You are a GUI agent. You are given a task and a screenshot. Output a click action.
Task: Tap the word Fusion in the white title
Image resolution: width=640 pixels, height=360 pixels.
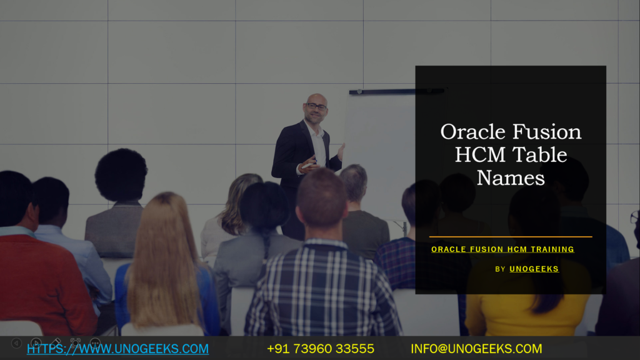[547, 132]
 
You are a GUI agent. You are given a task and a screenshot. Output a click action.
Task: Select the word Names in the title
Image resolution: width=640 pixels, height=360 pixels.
[511, 178]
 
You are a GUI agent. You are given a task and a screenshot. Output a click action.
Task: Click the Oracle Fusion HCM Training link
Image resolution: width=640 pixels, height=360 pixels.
[502, 249]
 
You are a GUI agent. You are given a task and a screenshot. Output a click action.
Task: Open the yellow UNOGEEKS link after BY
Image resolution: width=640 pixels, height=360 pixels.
[534, 269]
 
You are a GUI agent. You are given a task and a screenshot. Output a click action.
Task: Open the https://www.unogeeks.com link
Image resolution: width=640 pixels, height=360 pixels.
[117, 349]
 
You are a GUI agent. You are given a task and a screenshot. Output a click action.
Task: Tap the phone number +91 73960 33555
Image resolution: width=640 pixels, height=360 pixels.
[321, 349]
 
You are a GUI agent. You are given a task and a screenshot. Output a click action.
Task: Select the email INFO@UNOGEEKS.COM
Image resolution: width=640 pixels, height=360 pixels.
[476, 349]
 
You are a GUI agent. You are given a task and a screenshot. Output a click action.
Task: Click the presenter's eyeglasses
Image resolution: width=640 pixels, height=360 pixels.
[316, 107]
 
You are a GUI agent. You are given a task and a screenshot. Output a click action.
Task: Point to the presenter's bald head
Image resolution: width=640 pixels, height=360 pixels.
[317, 98]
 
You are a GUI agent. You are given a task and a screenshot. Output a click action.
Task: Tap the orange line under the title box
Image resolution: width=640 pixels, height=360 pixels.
[511, 237]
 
